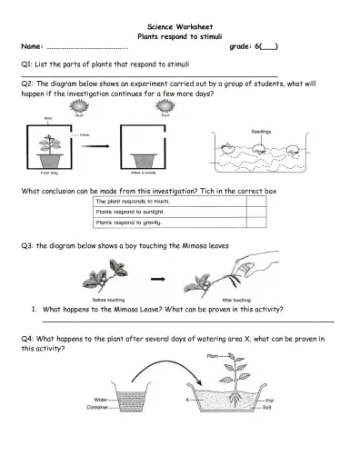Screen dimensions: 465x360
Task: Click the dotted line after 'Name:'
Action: [86, 45]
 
